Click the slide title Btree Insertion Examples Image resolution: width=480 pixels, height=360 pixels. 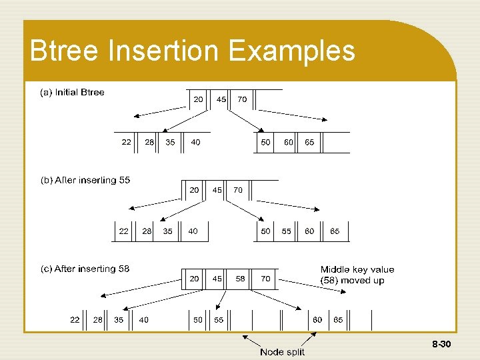[193, 51]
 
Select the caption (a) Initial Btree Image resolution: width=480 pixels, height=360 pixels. [73, 93]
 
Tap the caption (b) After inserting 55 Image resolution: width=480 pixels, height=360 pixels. [85, 181]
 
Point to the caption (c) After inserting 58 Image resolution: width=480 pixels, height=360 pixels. [85, 269]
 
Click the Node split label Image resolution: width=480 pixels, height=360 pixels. [281, 352]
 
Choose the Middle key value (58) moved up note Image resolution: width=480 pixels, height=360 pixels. [357, 275]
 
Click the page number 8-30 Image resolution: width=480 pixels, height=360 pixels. [442, 345]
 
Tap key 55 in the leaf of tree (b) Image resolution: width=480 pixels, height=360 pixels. [287, 231]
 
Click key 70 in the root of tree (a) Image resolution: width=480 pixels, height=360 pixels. [242, 99]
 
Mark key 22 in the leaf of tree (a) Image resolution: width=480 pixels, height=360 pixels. [126, 142]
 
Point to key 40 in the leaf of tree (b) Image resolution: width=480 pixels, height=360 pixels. [193, 231]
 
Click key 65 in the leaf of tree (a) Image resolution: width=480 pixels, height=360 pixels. [310, 142]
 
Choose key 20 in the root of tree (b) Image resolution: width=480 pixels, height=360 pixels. [194, 190]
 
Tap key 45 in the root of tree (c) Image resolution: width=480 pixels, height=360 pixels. [217, 279]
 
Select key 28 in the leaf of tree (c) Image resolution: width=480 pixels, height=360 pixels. [98, 320]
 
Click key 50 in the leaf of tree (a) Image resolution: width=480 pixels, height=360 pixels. [266, 142]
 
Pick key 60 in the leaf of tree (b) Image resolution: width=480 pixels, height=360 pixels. [310, 231]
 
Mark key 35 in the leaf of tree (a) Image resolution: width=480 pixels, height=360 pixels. [171, 142]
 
